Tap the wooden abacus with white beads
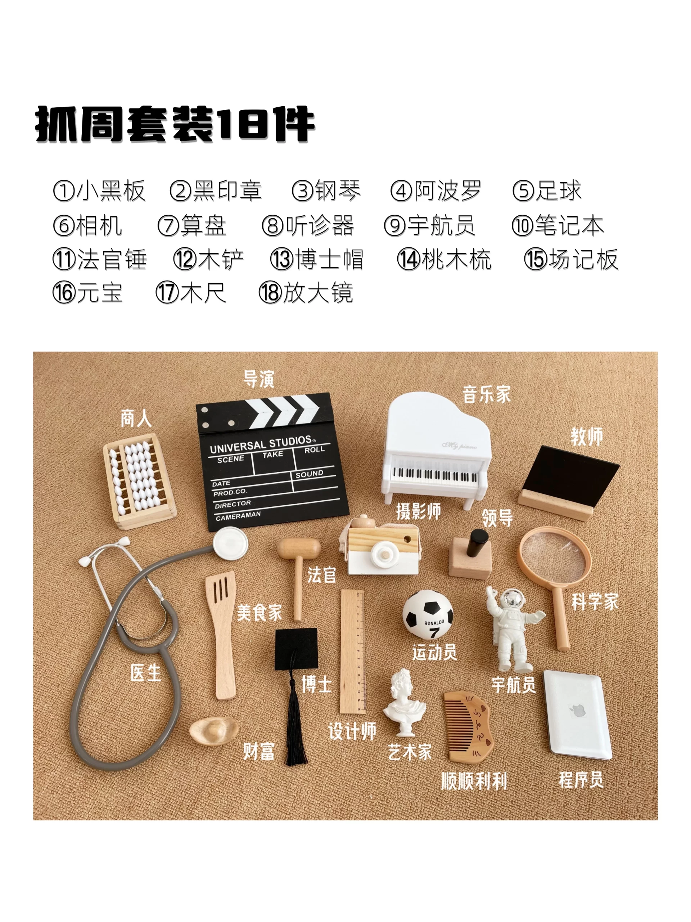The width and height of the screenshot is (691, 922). click(140, 480)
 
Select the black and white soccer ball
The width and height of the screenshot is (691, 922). click(428, 614)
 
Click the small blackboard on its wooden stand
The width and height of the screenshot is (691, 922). click(569, 482)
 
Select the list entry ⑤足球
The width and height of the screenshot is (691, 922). click(546, 191)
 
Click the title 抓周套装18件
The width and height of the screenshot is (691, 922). click(175, 124)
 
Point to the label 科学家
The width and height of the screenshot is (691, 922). click(595, 602)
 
